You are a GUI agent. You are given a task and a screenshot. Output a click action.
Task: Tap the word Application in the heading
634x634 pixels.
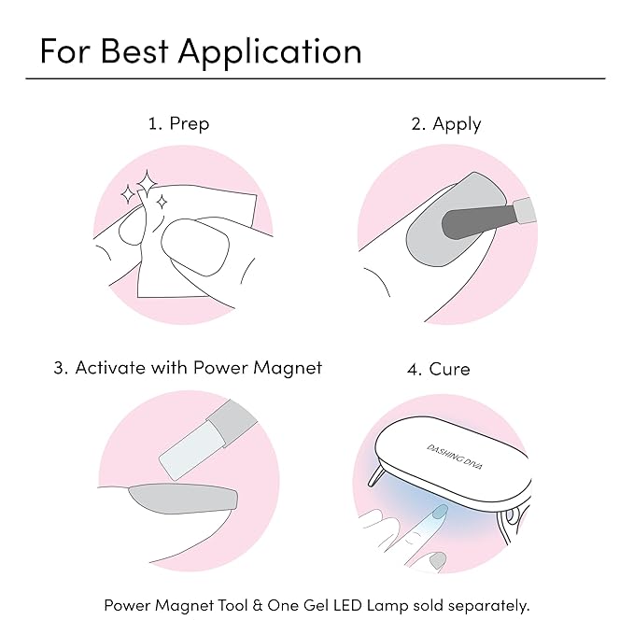(269, 52)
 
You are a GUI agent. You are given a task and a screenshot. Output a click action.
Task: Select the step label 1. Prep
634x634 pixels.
(178, 124)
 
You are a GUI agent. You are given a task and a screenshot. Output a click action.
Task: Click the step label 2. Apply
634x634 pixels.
(446, 124)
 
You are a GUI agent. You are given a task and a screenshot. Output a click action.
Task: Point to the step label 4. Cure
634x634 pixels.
(438, 369)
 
